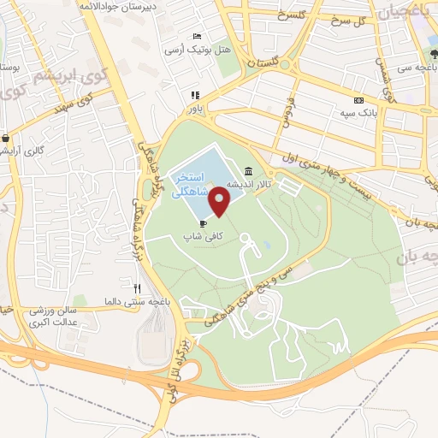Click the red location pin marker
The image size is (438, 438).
click(x=221, y=201)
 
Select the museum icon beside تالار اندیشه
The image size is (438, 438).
click(x=248, y=169)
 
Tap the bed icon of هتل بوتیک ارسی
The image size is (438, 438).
click(x=198, y=37)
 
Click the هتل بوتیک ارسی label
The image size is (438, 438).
click(x=198, y=50)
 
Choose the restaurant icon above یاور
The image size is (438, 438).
click(x=195, y=95)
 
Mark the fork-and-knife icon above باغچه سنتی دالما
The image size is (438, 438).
click(x=137, y=288)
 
